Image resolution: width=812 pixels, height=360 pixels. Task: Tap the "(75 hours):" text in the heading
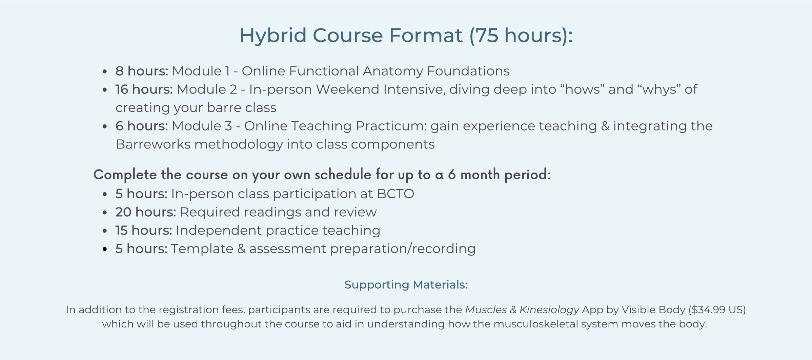tap(521, 36)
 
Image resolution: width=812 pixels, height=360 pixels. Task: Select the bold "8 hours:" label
tap(142, 71)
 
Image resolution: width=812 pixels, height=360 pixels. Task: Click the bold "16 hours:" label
tap(144, 89)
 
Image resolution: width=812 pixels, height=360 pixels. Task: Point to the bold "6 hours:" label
tap(142, 126)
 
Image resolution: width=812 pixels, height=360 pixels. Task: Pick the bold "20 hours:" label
tap(146, 212)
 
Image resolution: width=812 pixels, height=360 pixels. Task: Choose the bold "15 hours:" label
tap(144, 230)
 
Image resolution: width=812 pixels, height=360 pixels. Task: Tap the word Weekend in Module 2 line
tap(348, 89)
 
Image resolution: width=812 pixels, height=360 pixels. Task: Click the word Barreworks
tap(153, 144)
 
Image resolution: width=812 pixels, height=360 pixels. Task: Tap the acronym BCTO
tap(395, 194)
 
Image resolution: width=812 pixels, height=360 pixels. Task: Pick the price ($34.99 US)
tap(717, 310)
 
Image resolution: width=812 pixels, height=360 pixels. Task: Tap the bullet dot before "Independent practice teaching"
tap(105, 231)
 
